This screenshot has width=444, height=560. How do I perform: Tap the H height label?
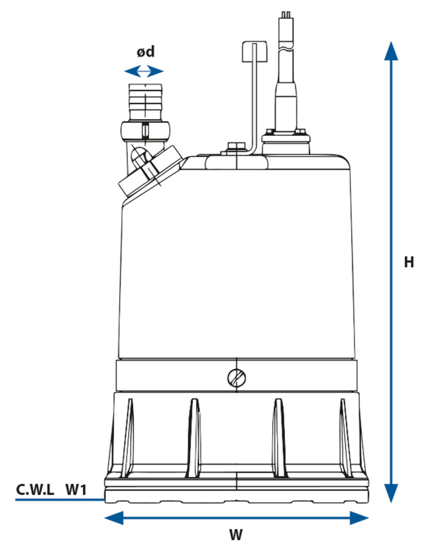409,262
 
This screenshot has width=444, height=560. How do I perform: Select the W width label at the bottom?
236,535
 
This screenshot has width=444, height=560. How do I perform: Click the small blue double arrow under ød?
144,71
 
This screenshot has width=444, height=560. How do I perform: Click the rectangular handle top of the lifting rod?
254,52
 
